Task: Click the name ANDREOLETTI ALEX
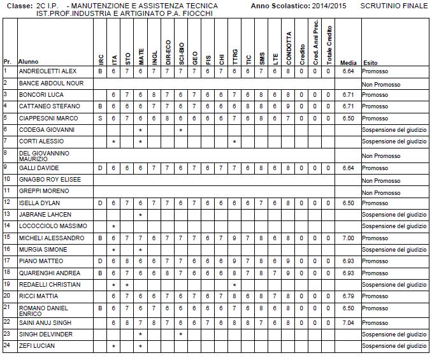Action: (x=47, y=71)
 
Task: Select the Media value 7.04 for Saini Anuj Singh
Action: (x=348, y=322)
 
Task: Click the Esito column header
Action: (x=370, y=63)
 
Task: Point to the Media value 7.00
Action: (x=348, y=238)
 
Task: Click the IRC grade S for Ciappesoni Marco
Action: (x=100, y=118)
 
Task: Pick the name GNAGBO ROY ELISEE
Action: (x=50, y=179)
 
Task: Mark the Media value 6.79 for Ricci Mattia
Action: (x=348, y=296)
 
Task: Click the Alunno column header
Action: (x=28, y=63)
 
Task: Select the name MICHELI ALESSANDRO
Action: (x=51, y=238)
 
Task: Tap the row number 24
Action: (x=6, y=345)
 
